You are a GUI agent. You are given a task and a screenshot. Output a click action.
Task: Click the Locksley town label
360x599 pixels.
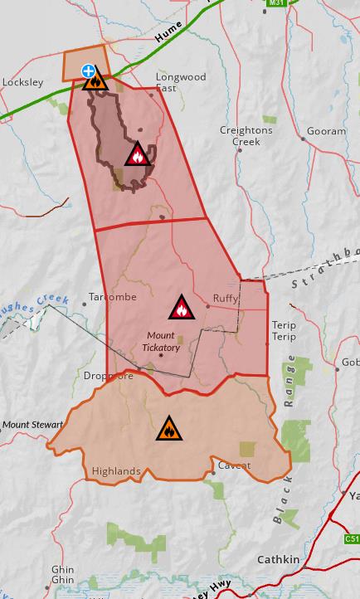coord(22,82)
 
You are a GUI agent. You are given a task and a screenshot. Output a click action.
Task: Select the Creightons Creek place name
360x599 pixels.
coord(241,135)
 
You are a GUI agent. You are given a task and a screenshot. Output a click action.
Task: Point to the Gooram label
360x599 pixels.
coord(326,131)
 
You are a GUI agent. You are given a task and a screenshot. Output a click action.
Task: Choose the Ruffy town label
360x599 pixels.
coord(225,298)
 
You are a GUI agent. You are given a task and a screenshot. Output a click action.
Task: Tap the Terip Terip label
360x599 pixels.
coord(284,332)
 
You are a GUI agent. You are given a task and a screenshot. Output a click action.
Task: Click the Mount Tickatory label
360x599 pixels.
coord(161,341)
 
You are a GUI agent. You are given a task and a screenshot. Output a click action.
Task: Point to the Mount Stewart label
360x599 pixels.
coord(32,425)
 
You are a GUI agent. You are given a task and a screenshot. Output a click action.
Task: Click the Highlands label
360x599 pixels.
coord(116,471)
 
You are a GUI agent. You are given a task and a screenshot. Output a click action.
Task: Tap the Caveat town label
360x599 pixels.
coord(234,465)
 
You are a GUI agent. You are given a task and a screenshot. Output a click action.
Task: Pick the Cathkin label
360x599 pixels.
coord(277,559)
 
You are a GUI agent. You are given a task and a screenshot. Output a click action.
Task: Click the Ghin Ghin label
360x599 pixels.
coord(62,574)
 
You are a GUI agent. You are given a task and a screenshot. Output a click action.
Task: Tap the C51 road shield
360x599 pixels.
coord(352,539)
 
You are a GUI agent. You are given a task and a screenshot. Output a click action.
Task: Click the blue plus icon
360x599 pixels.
coord(87,71)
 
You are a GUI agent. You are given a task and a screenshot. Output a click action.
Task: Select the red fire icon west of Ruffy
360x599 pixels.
coord(181,308)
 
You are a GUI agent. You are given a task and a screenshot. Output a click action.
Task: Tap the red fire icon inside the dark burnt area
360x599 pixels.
coord(137,154)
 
